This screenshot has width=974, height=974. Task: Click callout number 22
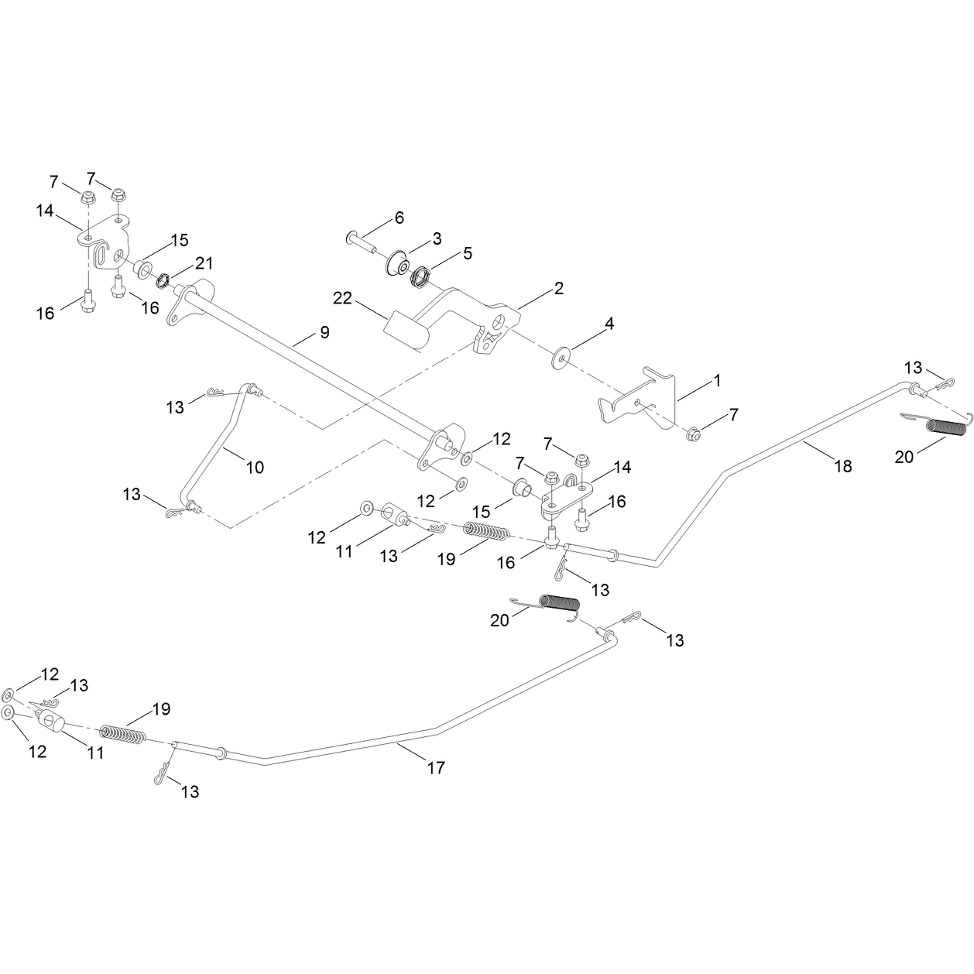[x=342, y=298]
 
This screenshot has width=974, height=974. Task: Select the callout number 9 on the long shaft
[x=324, y=332]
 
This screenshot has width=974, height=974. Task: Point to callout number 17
[x=436, y=768]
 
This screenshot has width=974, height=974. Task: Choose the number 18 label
[x=843, y=465]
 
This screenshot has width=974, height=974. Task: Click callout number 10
[x=255, y=467]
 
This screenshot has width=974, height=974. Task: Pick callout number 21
[x=204, y=262]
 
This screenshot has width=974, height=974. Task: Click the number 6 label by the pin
[x=400, y=218]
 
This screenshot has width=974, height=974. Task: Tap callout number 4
[x=609, y=324]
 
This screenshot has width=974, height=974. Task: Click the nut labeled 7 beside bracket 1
[x=692, y=434]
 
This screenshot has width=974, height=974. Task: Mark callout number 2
[x=558, y=288]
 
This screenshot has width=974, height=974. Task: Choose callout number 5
[x=468, y=253]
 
